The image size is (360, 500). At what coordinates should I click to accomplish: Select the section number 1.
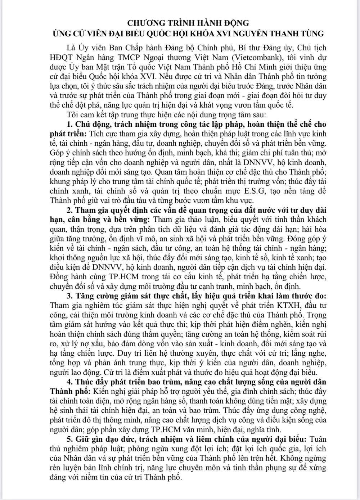coord(70,124)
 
